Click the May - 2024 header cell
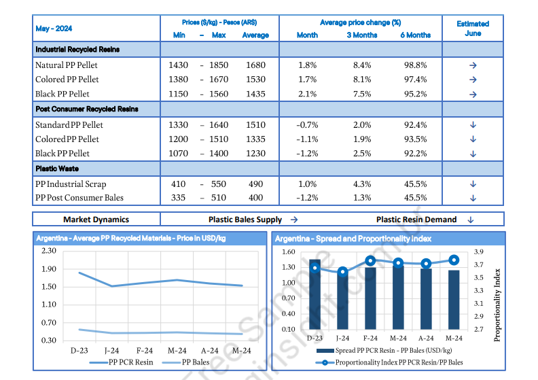pos(54,29)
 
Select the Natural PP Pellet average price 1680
pos(255,65)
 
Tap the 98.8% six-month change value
pos(415,65)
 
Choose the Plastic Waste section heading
pos(58,168)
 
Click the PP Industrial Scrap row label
pos(71,184)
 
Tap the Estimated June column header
pos(473,28)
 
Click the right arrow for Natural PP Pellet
pos(473,65)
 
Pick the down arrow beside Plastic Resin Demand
pos(471,220)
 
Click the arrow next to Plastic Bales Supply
pos(294,220)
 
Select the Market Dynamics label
pos(96,220)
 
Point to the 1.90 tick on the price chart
pos(49,269)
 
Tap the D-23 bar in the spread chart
pos(315,295)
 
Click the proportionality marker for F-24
pos(370,260)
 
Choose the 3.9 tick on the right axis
pos(479,252)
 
